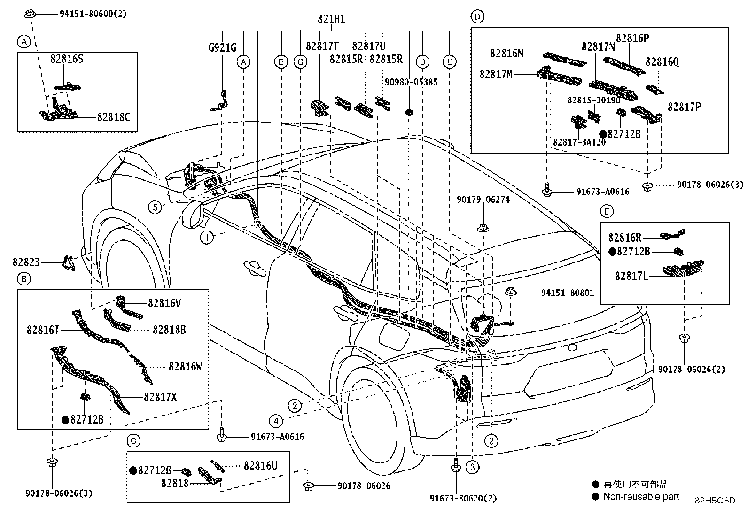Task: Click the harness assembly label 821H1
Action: (331, 19)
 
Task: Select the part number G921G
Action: (222, 48)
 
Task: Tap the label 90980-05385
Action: (411, 82)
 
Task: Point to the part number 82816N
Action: (506, 54)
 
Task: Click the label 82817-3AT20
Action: (579, 142)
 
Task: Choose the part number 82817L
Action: (631, 276)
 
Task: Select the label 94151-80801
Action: (568, 293)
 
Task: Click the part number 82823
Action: (26, 262)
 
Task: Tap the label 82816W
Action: (185, 367)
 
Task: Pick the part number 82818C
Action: (114, 117)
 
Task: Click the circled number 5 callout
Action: (155, 207)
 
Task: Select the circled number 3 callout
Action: (472, 467)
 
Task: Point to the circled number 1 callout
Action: (207, 238)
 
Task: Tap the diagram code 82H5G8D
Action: (715, 501)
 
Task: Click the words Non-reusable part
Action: (641, 497)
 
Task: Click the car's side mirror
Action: (193, 215)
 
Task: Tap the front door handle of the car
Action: (255, 268)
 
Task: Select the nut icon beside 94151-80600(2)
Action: (30, 14)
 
